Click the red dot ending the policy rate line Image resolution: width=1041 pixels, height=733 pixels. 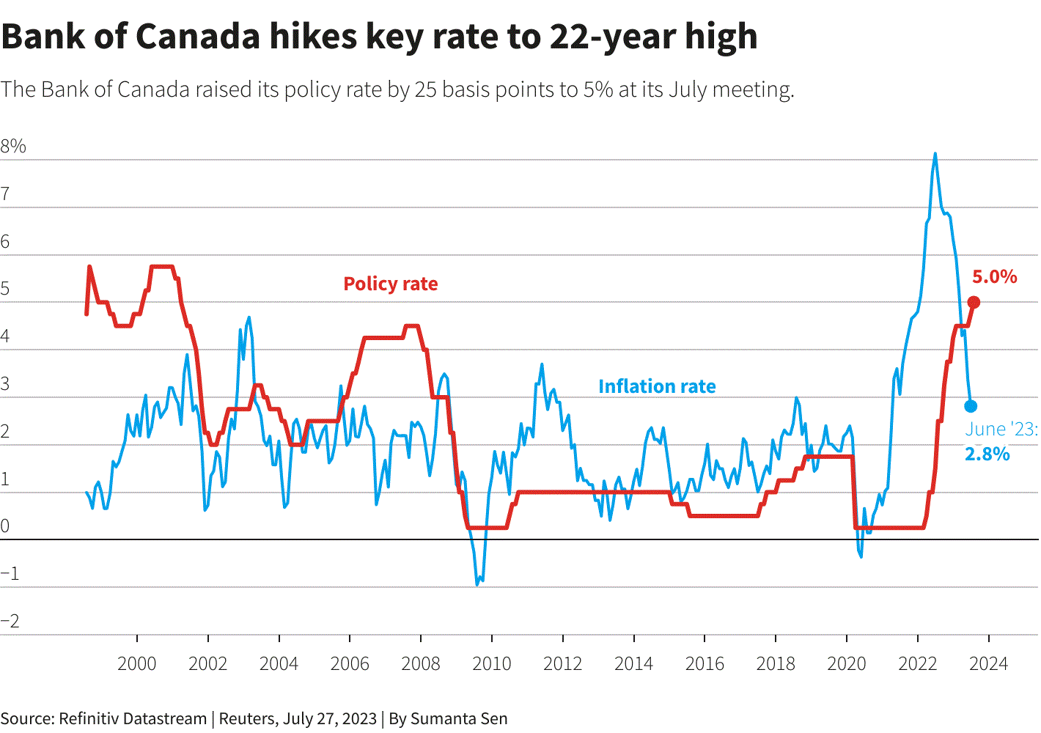974,303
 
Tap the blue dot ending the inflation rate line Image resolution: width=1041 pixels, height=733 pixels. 971,406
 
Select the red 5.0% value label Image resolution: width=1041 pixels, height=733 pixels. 995,277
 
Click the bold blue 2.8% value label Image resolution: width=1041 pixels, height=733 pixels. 987,454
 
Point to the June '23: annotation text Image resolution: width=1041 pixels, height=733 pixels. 1001,429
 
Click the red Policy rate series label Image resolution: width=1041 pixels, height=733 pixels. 390,284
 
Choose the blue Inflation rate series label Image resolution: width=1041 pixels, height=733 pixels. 657,386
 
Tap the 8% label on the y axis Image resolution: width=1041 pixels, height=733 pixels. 13,147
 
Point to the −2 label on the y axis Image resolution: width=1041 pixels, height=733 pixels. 10,621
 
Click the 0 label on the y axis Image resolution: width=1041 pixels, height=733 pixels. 4,526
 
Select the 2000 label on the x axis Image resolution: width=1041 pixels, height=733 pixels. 136,664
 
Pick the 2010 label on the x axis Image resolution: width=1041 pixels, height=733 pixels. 492,664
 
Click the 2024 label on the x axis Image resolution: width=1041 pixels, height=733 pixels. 988,664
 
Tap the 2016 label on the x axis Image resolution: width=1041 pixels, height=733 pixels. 705,664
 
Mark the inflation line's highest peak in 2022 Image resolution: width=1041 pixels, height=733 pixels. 935,154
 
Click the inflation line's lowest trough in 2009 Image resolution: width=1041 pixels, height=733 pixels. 477,584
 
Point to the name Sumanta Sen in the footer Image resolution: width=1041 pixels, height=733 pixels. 459,718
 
